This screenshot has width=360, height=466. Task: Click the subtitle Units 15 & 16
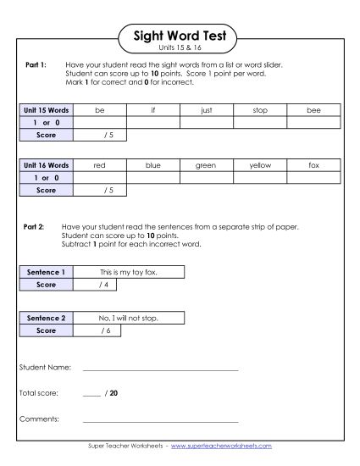[x=180, y=49]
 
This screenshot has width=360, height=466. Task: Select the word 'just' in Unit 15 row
[x=206, y=110]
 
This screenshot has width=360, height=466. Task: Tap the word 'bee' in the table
[x=314, y=110]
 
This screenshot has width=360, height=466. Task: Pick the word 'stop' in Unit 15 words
[x=260, y=110]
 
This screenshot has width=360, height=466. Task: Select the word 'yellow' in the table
[x=260, y=166]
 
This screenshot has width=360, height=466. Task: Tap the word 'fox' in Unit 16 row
[x=314, y=166]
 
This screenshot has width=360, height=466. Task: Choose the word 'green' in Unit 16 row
[x=206, y=166]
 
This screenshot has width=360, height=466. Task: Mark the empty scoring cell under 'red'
[x=99, y=178]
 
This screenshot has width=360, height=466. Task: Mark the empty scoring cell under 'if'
[x=152, y=122]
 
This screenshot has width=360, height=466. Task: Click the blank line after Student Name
[x=160, y=370]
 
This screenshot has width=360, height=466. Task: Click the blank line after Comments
[x=160, y=420]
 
